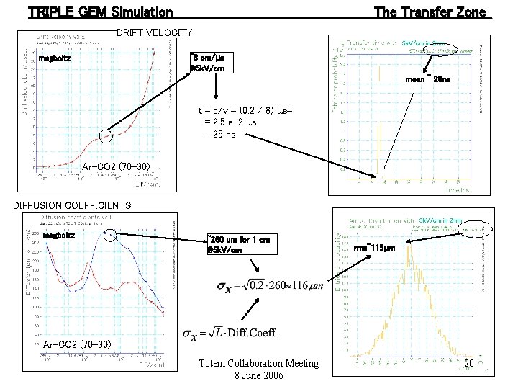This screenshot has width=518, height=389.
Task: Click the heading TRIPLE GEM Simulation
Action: pyautogui.click(x=100, y=12)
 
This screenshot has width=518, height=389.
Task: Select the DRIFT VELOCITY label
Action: pyautogui.click(x=154, y=33)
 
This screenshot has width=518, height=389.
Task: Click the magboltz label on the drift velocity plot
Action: pyautogui.click(x=55, y=58)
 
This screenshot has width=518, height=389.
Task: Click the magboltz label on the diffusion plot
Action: pyautogui.click(x=59, y=235)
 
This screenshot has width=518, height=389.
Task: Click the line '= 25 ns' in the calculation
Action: pyautogui.click(x=222, y=133)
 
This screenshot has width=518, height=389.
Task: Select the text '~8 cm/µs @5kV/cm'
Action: pyautogui.click(x=211, y=63)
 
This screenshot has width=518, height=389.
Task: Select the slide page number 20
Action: pyautogui.click(x=469, y=365)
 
